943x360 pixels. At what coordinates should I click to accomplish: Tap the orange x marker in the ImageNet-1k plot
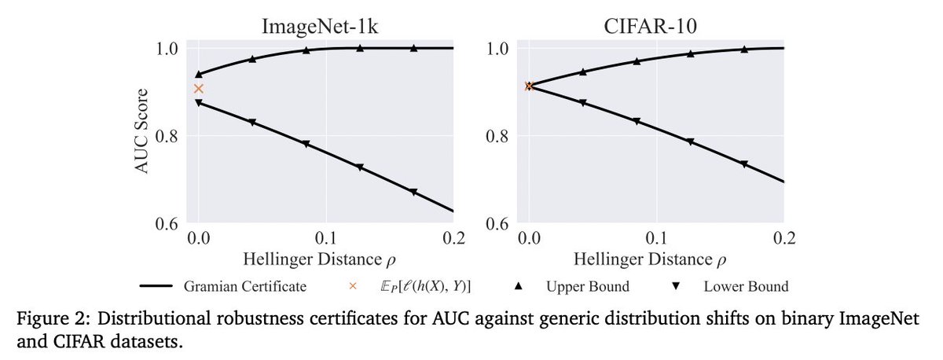(199, 89)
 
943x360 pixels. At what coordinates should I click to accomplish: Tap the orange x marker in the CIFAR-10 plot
(529, 86)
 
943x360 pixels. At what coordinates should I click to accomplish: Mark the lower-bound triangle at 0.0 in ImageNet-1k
(199, 103)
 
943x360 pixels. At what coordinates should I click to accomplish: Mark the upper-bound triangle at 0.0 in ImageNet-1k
(199, 74)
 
